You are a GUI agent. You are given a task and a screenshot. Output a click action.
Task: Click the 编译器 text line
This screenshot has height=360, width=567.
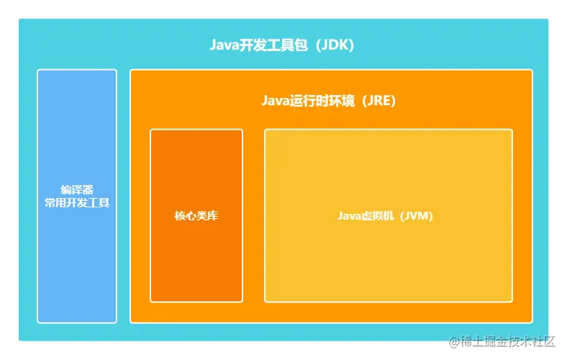point(77,190)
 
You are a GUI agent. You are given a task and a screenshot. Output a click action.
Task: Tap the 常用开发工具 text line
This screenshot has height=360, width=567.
point(77,203)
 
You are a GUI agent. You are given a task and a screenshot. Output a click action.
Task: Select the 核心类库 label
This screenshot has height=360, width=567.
point(196,216)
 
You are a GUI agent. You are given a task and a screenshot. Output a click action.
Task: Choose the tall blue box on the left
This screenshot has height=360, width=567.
point(77,266)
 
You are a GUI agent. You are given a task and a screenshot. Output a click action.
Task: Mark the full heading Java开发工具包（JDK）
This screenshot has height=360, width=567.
point(282,45)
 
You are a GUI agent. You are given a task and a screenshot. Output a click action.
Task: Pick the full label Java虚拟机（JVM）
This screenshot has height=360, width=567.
point(386,216)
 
